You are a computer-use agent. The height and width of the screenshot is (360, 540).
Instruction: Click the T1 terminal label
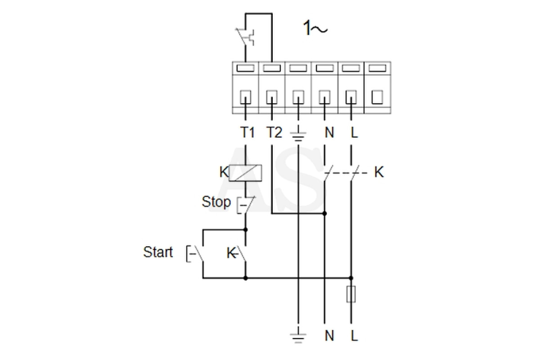click(x=247, y=132)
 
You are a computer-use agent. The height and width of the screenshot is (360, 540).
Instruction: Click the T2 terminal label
click(x=274, y=132)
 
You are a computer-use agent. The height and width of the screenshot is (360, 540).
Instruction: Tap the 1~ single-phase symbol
click(x=315, y=28)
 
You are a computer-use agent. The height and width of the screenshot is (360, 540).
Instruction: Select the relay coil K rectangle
click(x=245, y=173)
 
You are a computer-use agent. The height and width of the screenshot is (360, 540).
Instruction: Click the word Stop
click(x=216, y=202)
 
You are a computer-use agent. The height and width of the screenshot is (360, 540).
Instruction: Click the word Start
click(x=158, y=252)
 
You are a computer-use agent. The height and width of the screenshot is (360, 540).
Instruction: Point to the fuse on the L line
click(x=351, y=294)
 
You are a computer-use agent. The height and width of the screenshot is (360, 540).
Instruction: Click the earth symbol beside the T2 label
click(x=298, y=134)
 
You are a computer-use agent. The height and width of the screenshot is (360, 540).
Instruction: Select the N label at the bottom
click(x=329, y=335)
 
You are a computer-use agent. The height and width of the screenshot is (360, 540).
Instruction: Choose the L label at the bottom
click(x=354, y=335)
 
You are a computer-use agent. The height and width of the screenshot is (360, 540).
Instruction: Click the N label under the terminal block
click(x=329, y=132)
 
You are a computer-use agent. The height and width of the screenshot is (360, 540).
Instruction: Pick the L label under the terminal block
click(x=354, y=132)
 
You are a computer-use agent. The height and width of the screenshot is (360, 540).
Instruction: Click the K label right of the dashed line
click(x=379, y=172)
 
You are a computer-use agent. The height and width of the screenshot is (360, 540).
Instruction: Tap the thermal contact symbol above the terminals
click(x=245, y=37)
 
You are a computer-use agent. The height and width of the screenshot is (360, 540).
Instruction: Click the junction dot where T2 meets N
click(x=324, y=213)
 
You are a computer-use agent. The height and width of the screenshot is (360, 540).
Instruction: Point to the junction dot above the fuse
click(x=351, y=278)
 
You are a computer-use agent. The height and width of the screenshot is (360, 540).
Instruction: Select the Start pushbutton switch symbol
click(x=195, y=254)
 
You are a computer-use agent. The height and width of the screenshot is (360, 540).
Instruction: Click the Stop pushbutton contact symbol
click(x=245, y=205)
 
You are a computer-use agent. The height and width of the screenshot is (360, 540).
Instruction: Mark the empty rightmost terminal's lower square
click(x=378, y=97)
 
